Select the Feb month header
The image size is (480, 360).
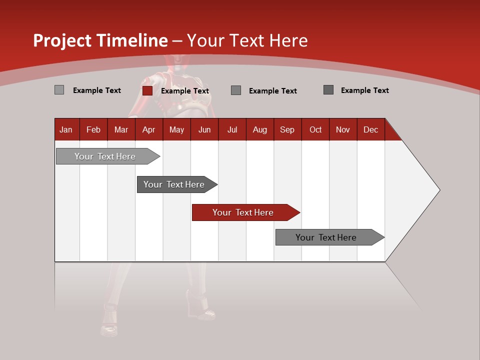click(93, 129)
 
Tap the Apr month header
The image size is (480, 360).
click(148, 129)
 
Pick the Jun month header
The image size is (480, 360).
click(204, 129)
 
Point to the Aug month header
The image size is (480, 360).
click(259, 129)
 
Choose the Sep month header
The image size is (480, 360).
click(287, 129)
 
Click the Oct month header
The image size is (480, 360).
click(315, 129)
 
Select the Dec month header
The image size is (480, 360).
click(370, 129)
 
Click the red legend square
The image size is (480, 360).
click(147, 90)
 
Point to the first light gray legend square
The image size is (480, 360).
click(59, 90)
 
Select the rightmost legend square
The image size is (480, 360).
click(328, 90)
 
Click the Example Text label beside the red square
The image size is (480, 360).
click(185, 91)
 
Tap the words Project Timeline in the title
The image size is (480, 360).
click(100, 40)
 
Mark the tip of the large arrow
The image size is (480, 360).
click(439, 190)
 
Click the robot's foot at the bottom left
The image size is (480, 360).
click(109, 328)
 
